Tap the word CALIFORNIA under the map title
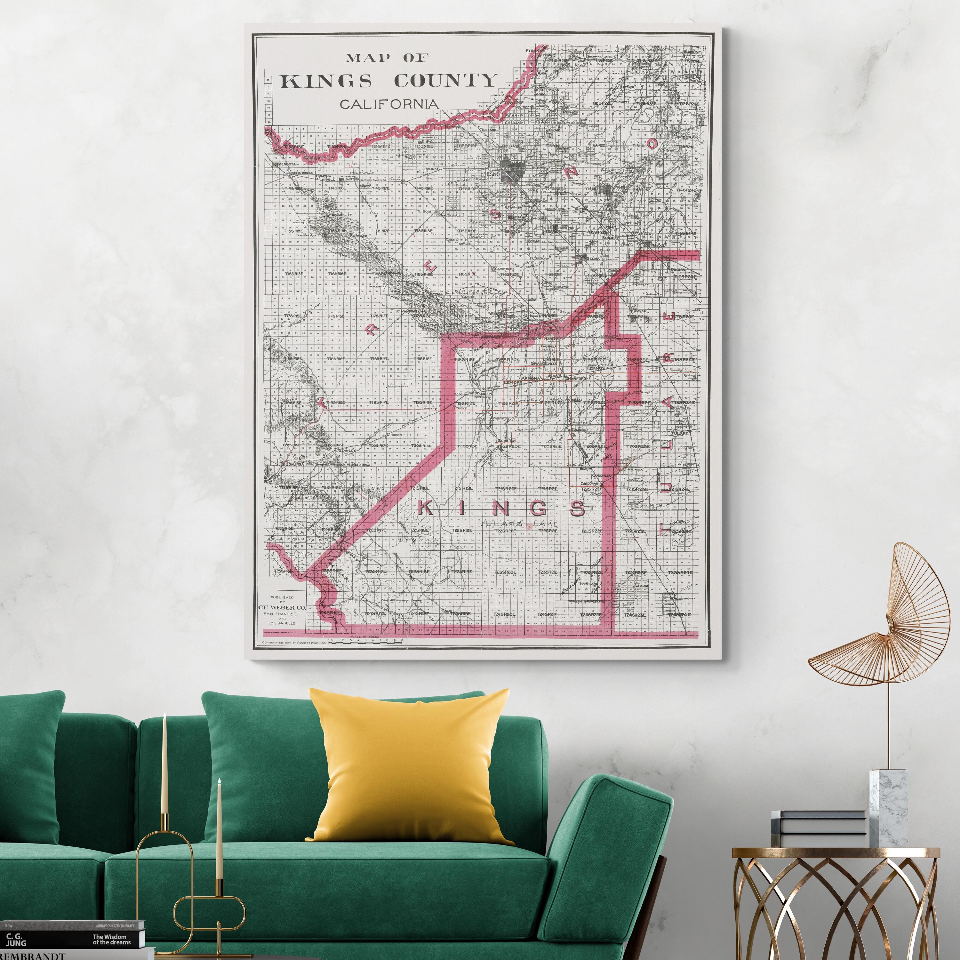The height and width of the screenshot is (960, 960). pos(388,104)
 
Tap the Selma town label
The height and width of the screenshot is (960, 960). pos(594,258)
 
